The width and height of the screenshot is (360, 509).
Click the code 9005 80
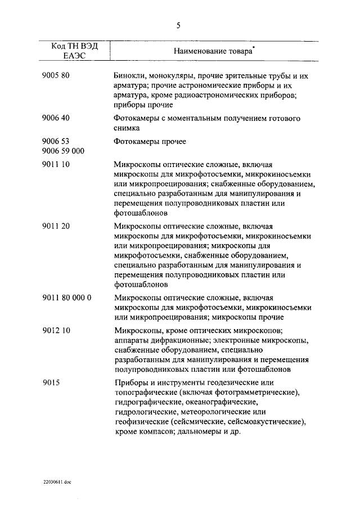(56, 75)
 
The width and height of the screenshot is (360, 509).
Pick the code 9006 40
(56, 119)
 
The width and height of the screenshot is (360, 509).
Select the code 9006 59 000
(63, 151)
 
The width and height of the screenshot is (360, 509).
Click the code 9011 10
(56, 165)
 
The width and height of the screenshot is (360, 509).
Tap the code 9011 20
(56, 226)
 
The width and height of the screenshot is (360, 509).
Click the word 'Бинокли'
(129, 75)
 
